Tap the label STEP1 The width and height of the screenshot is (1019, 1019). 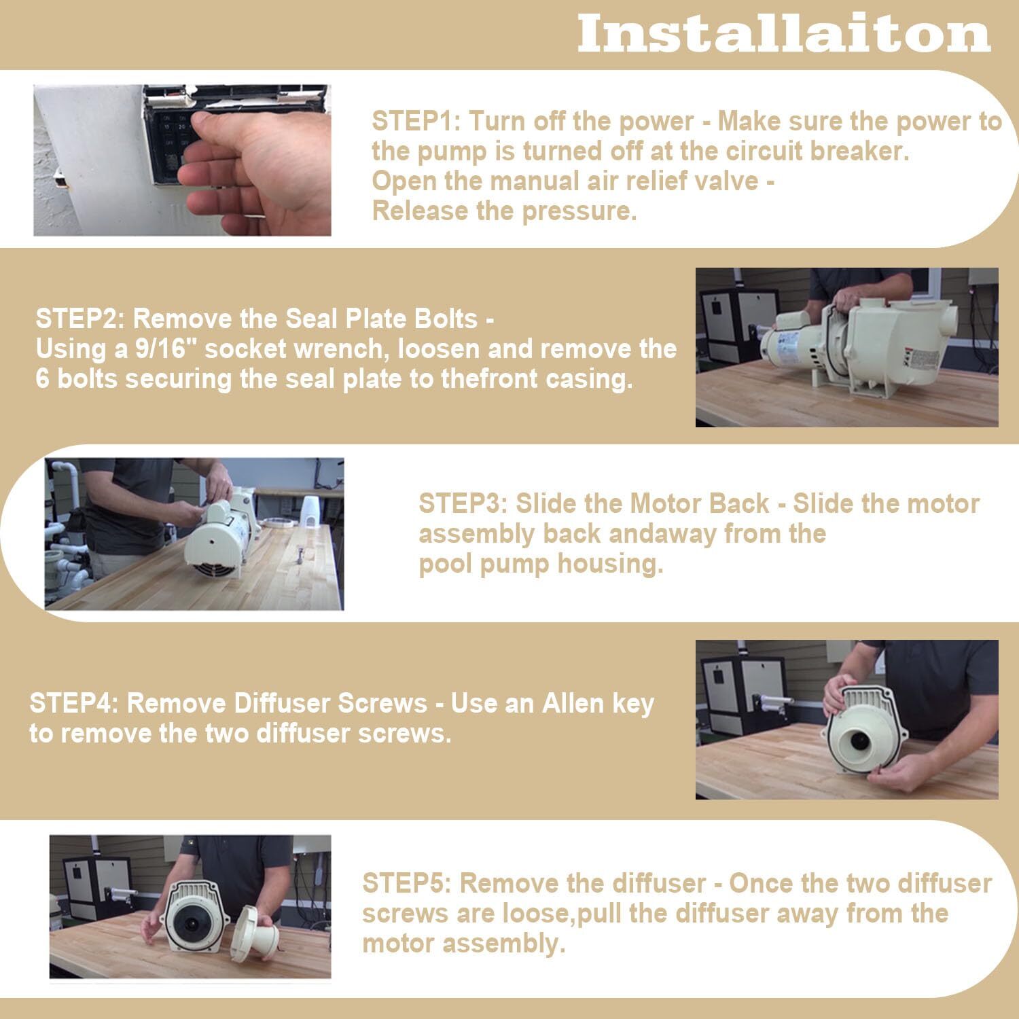point(416,122)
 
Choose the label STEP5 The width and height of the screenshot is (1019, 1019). point(407,883)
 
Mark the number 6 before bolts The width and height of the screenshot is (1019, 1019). point(42,378)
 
